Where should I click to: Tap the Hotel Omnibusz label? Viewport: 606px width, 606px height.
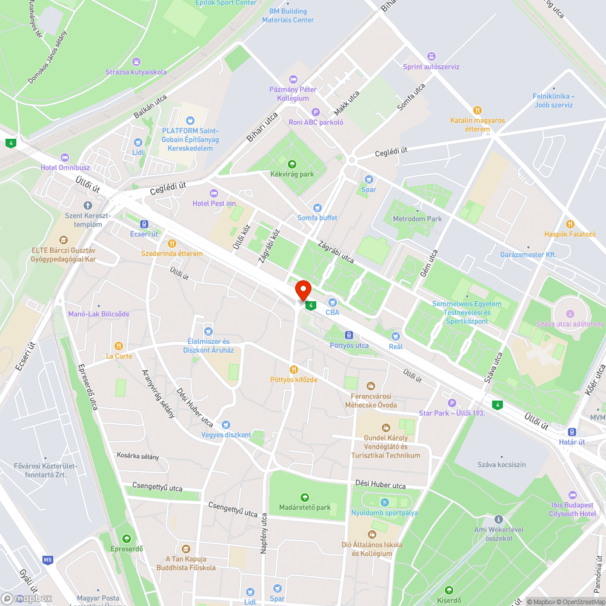pos(65,167)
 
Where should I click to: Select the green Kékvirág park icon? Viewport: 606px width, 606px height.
pos(292,164)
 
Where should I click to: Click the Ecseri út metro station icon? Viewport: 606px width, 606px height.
pos(144,224)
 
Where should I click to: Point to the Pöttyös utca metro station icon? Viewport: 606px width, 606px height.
pos(348,335)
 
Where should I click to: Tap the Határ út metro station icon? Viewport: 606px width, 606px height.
pos(571,432)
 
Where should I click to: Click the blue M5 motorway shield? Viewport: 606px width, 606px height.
pos(48,559)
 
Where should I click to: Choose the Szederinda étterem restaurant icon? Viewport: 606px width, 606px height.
pos(172,243)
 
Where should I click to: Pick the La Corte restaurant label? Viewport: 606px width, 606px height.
pos(119,356)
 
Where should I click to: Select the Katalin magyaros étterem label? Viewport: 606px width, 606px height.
pos(478,125)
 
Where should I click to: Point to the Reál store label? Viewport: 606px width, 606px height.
pos(395,347)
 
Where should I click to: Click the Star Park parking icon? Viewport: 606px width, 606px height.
pos(451,403)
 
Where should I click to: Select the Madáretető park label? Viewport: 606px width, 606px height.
pos(304,507)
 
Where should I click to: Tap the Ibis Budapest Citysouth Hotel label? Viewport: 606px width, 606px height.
pos(573,510)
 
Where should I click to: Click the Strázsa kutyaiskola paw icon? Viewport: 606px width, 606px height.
pos(136,62)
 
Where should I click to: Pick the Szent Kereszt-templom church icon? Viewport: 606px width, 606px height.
pos(88,205)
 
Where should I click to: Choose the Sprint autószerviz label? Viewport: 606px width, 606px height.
pos(431,67)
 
